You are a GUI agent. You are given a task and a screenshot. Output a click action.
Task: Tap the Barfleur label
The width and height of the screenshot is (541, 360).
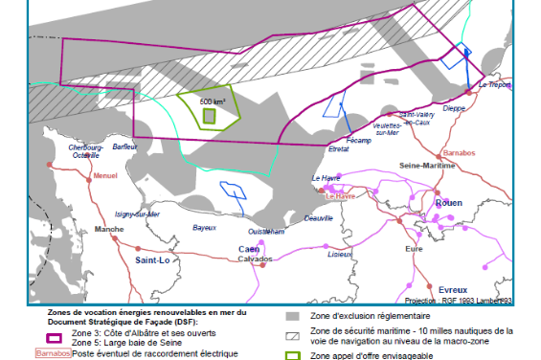tap(125, 146)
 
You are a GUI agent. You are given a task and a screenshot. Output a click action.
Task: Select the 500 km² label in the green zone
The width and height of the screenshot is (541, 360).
tap(212, 101)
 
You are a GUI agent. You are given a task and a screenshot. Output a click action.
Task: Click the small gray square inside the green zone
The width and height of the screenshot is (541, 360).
tap(210, 116)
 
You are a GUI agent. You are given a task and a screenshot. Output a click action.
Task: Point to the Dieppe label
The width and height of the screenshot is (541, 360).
tap(455, 108)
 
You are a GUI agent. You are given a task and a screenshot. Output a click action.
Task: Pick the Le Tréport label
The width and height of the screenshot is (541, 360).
tap(494, 85)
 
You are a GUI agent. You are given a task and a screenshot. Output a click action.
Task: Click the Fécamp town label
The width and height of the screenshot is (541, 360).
tap(357, 141)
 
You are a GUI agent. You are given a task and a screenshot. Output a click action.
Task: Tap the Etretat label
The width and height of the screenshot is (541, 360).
tap(338, 149)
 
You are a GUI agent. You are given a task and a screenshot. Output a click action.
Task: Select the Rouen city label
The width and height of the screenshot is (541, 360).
tap(449, 203)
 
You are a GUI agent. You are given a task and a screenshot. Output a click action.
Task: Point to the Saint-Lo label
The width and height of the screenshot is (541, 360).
tap(152, 259)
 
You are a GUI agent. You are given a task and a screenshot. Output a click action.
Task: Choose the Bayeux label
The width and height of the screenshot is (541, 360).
tap(205, 228)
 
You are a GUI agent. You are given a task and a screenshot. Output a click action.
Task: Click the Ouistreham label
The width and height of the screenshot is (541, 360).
tap(266, 232)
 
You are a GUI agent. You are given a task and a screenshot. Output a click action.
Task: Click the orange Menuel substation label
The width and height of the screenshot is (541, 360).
tap(104, 176)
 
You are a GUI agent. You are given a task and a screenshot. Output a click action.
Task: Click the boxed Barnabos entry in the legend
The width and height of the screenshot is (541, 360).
tap(54, 352)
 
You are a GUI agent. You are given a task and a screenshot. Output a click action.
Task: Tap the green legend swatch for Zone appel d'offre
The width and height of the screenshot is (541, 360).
tap(294, 355)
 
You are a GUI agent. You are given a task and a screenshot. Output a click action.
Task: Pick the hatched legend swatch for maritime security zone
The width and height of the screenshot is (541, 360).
tap(294, 333)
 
